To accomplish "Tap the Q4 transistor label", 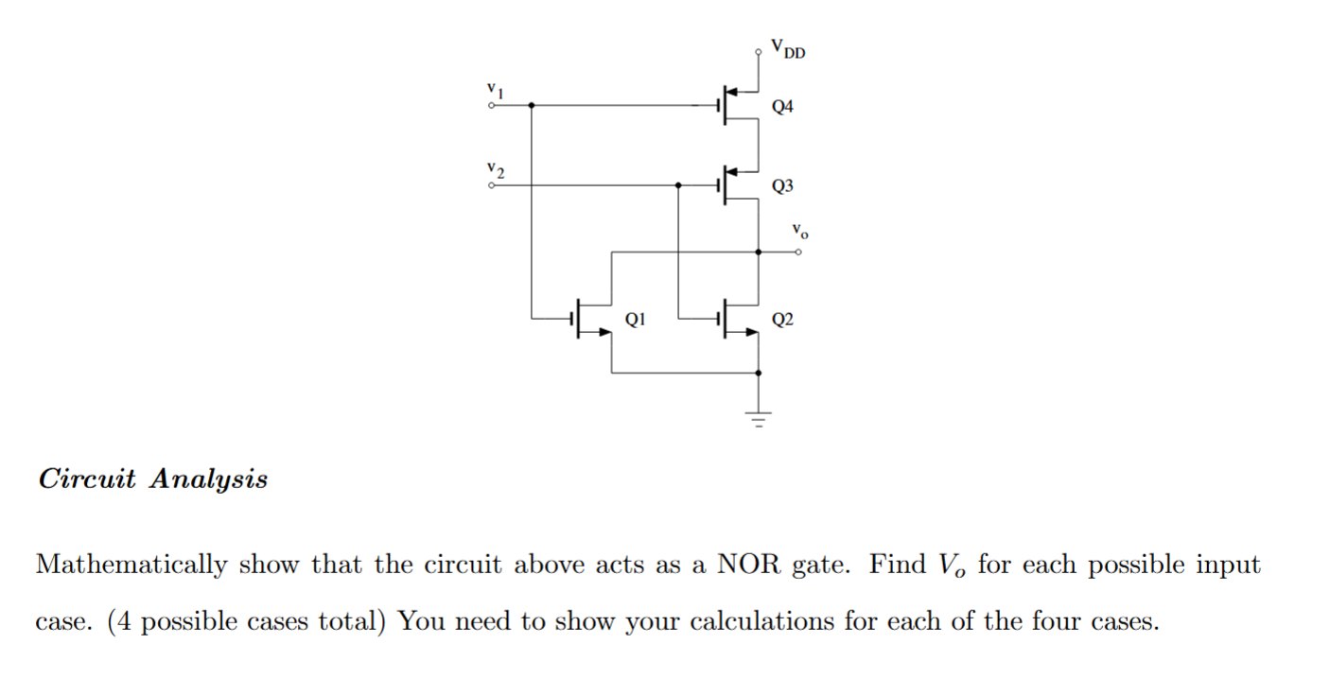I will tap(782, 107).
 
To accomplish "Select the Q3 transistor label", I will tap(782, 186).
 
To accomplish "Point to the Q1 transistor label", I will tap(636, 320).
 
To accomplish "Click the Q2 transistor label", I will tap(782, 320).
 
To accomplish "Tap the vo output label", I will tap(800, 230).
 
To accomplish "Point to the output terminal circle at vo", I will tap(799, 252).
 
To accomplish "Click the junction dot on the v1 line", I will tap(531, 106).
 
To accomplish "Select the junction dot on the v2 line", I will tap(678, 185).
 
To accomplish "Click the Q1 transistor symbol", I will tap(592, 322).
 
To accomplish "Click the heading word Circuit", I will tap(87, 479).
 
